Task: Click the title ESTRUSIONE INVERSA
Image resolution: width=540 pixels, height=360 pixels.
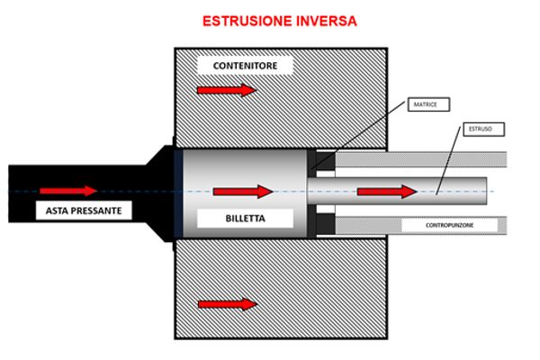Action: (x=271, y=19)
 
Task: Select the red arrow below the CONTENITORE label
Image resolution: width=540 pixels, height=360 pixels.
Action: (x=227, y=90)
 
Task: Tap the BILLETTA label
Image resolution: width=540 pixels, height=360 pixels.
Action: (x=245, y=218)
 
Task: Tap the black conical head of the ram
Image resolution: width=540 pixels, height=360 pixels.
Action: (x=162, y=192)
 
